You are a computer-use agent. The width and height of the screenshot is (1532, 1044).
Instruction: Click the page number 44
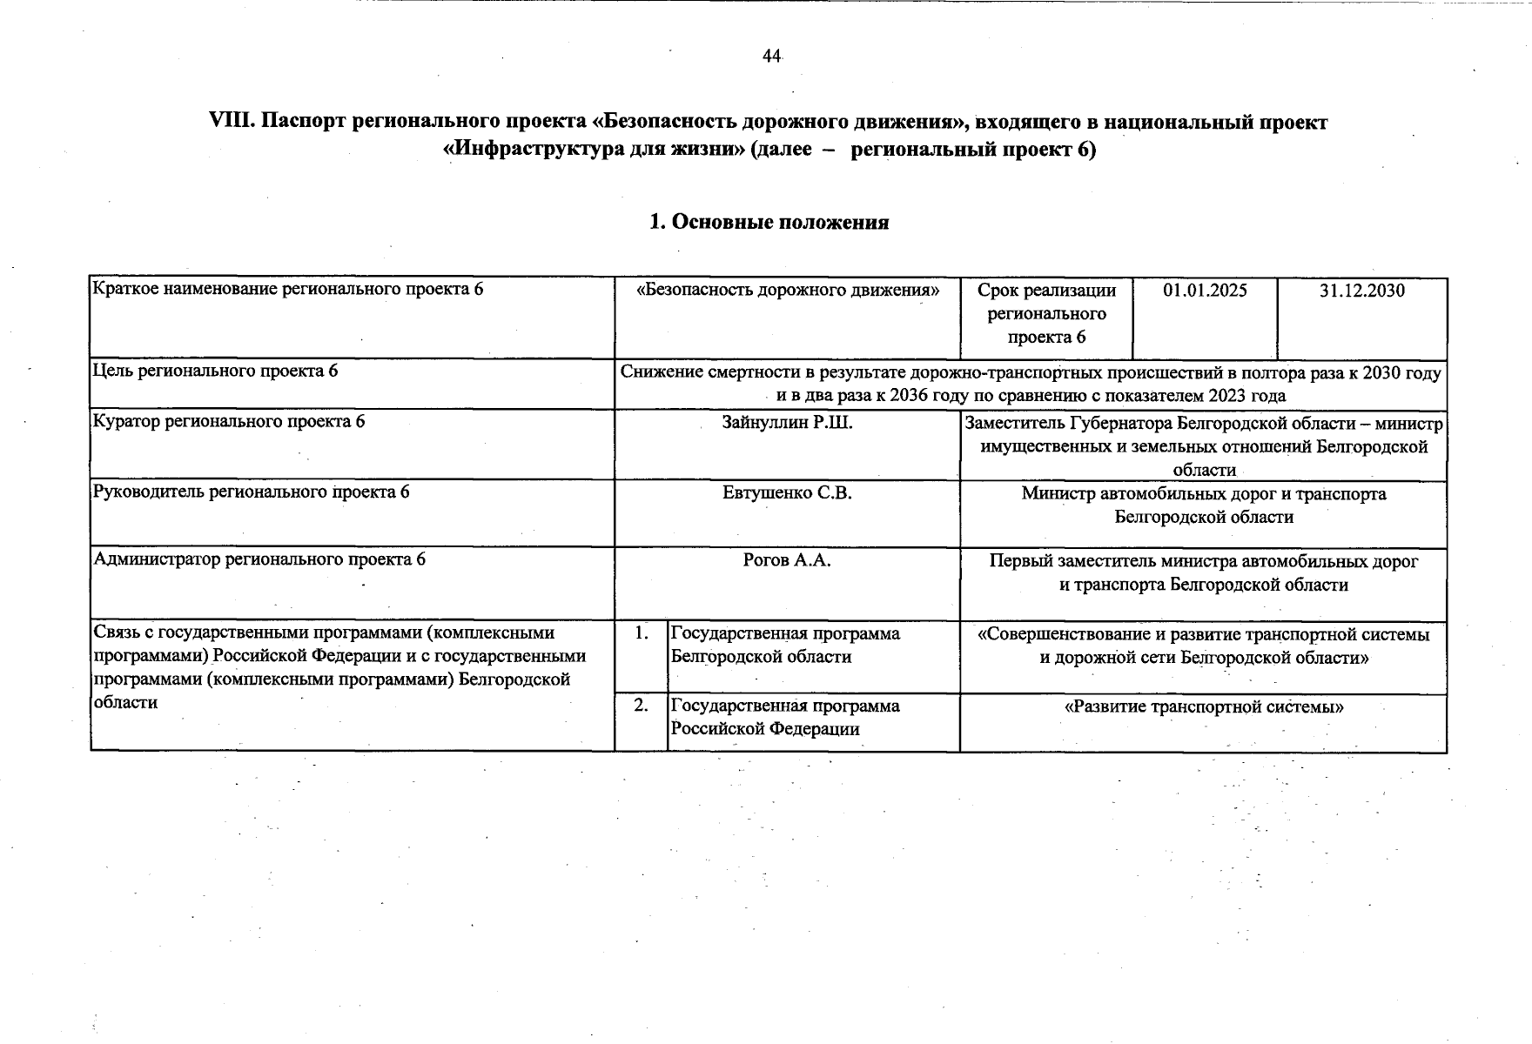click(x=771, y=57)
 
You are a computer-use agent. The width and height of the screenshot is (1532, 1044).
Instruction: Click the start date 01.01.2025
click(x=1205, y=291)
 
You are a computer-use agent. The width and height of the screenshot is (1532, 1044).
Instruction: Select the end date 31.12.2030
click(x=1361, y=291)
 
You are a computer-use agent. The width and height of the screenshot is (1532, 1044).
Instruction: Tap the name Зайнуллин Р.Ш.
click(x=787, y=424)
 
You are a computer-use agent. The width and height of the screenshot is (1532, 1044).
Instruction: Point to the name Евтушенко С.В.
click(x=787, y=493)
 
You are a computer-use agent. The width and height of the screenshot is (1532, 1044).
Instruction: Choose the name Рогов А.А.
click(x=787, y=560)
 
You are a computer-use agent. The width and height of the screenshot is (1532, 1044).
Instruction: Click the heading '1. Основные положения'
click(x=769, y=223)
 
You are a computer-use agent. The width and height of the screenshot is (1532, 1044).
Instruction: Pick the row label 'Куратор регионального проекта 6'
click(x=229, y=422)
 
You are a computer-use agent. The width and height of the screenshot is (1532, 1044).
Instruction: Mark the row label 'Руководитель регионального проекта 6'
click(x=251, y=492)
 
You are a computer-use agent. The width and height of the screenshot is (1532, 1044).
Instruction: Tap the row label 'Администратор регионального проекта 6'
click(x=259, y=559)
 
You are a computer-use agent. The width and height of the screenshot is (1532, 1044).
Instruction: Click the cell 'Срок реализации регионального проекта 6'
click(x=1046, y=314)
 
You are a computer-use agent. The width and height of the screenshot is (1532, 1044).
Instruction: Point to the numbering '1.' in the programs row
click(x=641, y=633)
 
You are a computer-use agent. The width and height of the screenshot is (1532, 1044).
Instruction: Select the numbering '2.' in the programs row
click(x=641, y=706)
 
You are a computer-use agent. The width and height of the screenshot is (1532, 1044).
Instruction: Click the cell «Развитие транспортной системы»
click(x=1204, y=707)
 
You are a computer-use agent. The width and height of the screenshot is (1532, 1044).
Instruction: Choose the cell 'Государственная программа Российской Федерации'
click(x=785, y=718)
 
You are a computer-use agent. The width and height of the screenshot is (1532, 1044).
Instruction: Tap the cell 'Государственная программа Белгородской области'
click(x=785, y=646)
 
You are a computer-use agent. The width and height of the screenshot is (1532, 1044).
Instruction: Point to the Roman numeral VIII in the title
click(x=231, y=123)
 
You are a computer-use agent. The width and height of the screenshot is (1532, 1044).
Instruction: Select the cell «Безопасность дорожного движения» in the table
click(x=788, y=291)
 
